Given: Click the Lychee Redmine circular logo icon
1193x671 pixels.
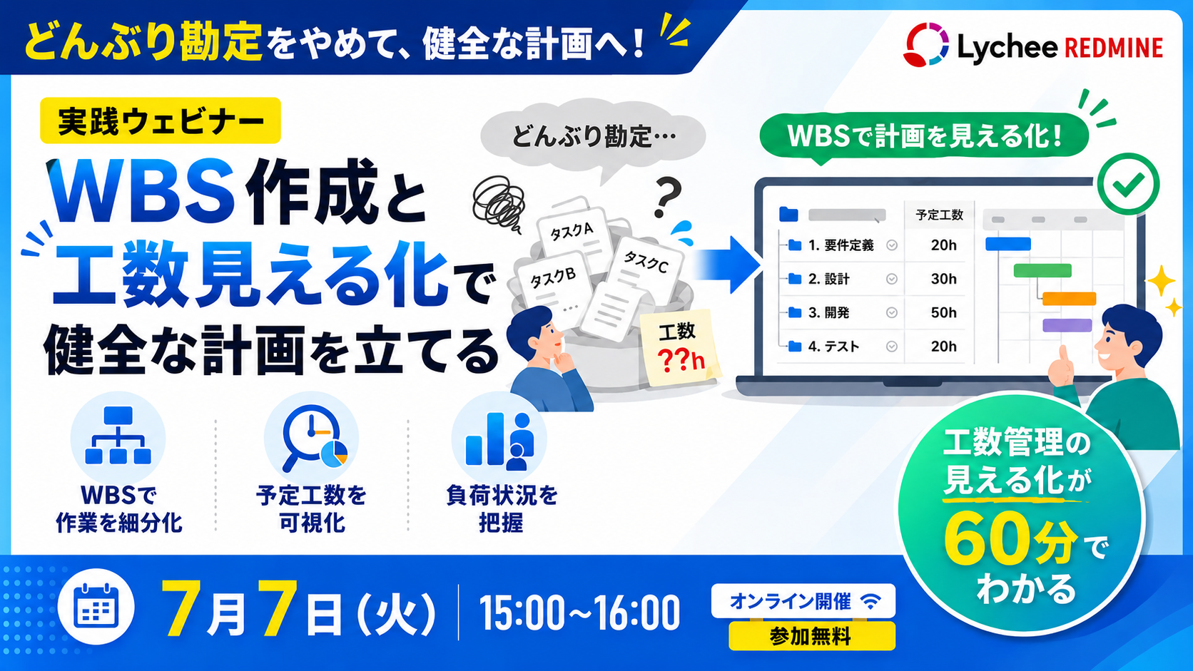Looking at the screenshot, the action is tap(925, 45).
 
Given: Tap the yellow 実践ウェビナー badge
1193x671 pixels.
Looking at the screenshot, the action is tap(161, 121).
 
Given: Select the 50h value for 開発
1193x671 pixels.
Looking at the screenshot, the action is tap(943, 312).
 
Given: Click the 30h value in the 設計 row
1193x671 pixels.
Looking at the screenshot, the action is tap(943, 279).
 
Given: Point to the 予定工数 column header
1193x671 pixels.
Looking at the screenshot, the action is tap(940, 215).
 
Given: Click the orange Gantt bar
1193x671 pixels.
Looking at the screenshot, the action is tap(1069, 299).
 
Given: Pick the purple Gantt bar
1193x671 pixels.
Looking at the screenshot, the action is tap(1067, 325).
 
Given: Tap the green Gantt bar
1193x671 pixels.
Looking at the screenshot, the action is tap(1042, 270).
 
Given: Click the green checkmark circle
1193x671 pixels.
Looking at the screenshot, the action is tap(1129, 184).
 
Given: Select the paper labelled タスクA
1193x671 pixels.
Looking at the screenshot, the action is tap(572, 233).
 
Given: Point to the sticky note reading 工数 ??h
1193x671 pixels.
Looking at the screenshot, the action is tap(679, 348).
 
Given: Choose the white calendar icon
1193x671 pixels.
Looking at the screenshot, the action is tap(96, 607).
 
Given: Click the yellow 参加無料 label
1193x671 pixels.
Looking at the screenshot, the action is tap(812, 636).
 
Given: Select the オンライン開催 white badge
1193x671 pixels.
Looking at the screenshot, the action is tap(803, 601).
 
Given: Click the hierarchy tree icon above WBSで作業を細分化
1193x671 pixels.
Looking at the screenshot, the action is tap(118, 435).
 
